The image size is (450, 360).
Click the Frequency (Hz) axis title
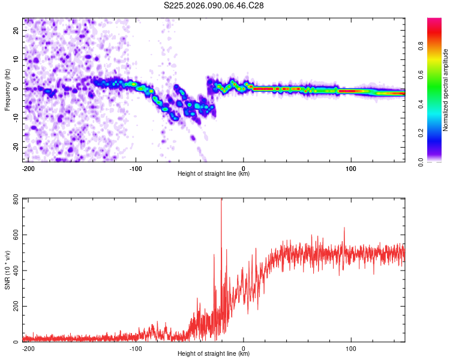tap(7, 90)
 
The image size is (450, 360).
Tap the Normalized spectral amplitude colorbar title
tap(446, 90)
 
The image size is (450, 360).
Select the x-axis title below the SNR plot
tap(214, 355)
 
